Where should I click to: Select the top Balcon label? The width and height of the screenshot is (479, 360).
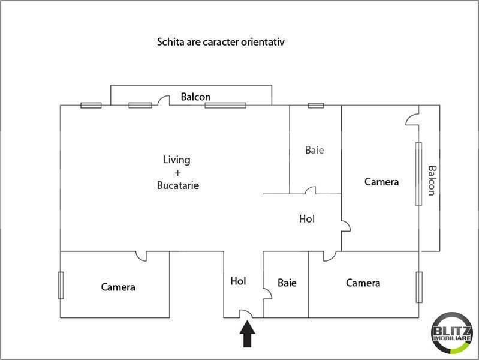point(195,97)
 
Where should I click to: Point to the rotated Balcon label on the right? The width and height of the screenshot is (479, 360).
point(430,180)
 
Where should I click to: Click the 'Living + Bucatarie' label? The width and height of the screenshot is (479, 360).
point(177,173)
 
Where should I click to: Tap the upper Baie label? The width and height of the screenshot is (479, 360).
point(314,150)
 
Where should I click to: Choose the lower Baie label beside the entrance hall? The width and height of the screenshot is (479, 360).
point(287,283)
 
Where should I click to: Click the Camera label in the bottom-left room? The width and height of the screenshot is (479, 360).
point(118,287)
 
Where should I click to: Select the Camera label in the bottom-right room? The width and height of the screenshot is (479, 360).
point(363,283)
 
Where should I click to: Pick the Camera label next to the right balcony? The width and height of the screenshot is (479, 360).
point(381,182)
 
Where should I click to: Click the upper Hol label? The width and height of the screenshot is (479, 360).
point(307,219)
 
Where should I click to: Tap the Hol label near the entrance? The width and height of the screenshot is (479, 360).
point(239,280)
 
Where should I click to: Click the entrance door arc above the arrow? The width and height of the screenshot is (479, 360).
point(245,313)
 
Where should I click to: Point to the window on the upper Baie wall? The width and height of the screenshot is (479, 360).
point(316,106)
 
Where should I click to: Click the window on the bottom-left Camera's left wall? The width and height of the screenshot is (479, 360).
point(61,285)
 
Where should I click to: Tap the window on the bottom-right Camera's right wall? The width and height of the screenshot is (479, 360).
point(418,287)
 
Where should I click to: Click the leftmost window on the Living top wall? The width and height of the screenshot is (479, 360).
point(91,106)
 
